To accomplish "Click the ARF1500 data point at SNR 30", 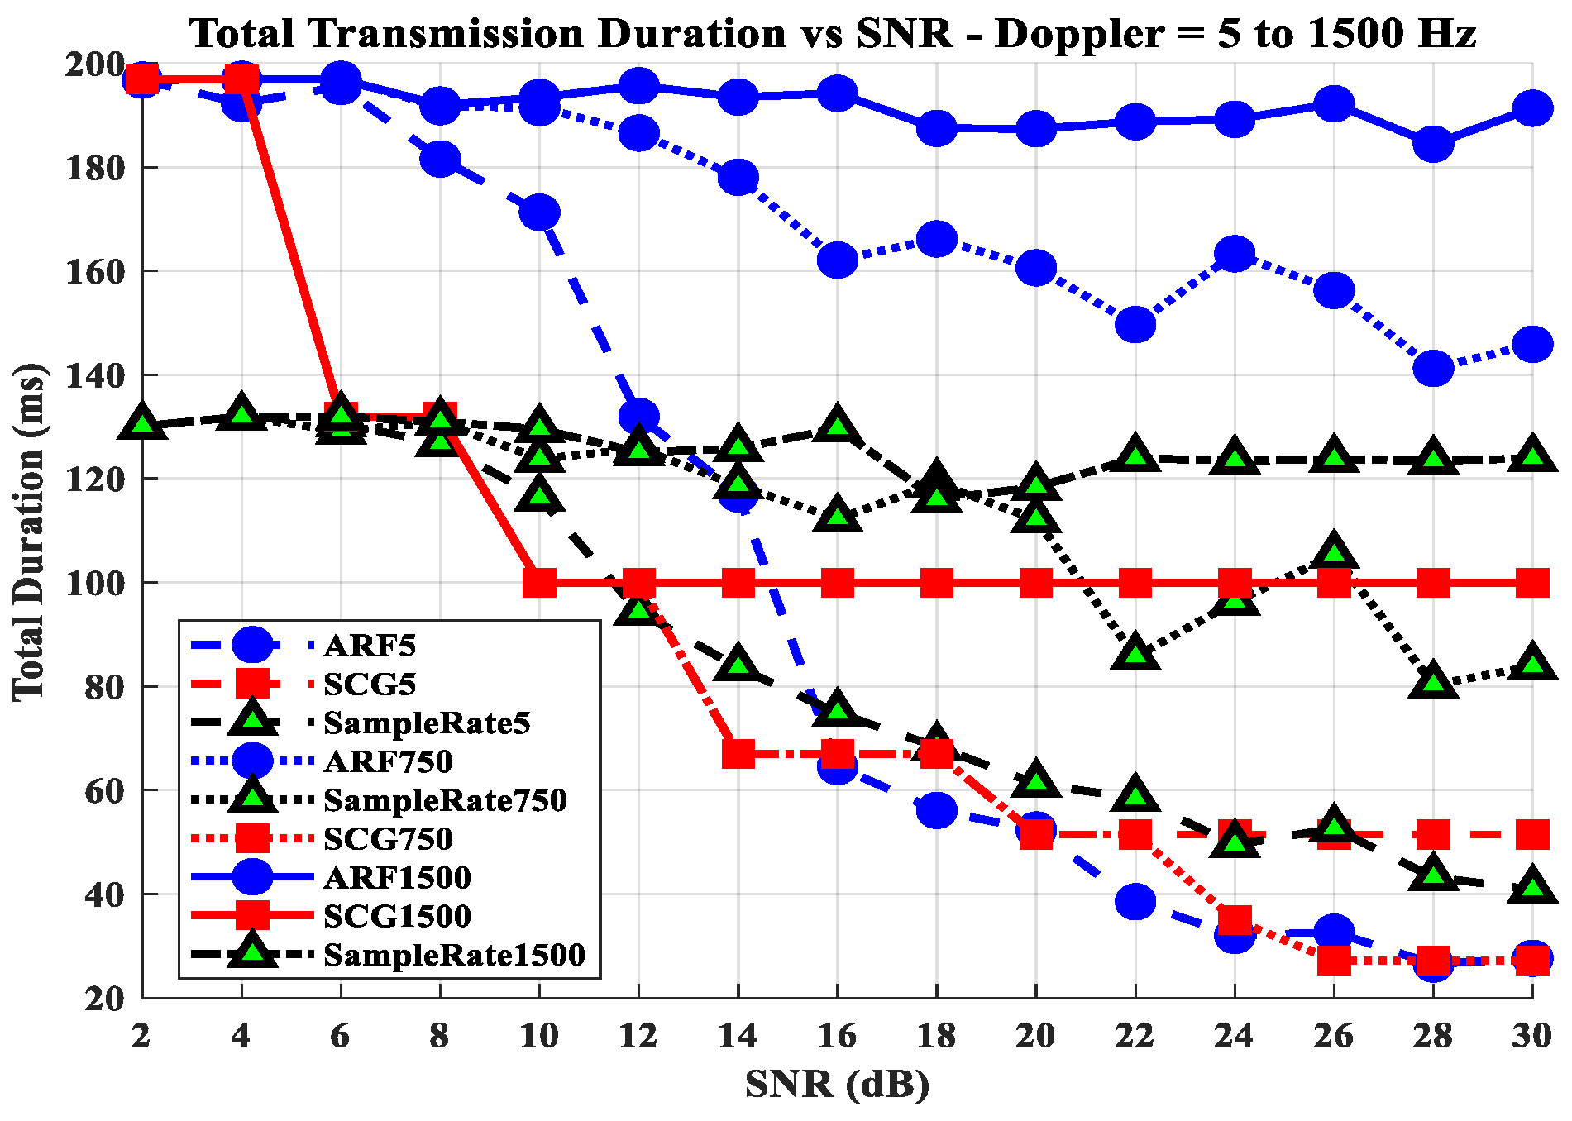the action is (x=1532, y=108).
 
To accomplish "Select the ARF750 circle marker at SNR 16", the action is (x=837, y=260).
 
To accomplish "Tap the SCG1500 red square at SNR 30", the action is (x=1532, y=583).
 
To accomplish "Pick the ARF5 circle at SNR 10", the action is (x=539, y=212).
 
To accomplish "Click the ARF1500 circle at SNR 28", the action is (x=1433, y=145).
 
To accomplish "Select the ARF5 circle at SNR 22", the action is (x=1135, y=901).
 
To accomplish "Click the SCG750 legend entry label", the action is (x=388, y=838).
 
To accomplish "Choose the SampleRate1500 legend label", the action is (x=454, y=955).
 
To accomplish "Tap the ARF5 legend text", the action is (x=370, y=645).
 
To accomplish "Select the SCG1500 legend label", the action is (x=397, y=916).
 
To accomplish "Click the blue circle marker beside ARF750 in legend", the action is (x=252, y=761).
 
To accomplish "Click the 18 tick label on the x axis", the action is (x=936, y=1035).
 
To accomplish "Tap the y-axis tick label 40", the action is (x=105, y=894).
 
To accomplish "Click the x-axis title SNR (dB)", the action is (x=837, y=1085).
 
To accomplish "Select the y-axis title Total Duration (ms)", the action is (x=30, y=532).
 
